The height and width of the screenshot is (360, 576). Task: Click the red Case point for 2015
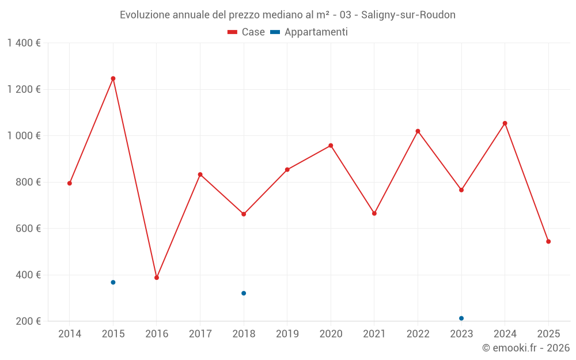click(113, 78)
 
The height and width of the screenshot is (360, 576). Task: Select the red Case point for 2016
click(157, 278)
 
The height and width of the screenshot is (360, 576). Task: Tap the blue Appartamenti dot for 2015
click(113, 282)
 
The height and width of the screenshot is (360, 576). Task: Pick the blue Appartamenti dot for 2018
click(244, 293)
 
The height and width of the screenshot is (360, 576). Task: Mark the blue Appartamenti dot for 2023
click(461, 319)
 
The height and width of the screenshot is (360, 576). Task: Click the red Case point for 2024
click(505, 123)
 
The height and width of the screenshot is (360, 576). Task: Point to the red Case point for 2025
click(548, 241)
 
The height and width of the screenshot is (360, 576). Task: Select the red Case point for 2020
click(331, 146)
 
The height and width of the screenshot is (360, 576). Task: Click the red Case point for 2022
click(418, 131)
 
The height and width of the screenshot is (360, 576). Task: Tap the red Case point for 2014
click(70, 183)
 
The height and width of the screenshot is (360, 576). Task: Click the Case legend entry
click(246, 32)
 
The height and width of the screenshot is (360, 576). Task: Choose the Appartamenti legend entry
click(309, 32)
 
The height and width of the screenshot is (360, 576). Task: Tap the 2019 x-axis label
click(287, 334)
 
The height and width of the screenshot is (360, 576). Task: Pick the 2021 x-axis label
click(374, 334)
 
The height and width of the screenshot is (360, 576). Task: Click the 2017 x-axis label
click(200, 334)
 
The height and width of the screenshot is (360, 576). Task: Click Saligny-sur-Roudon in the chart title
click(408, 15)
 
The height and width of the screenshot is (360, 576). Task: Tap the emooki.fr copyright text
click(526, 348)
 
